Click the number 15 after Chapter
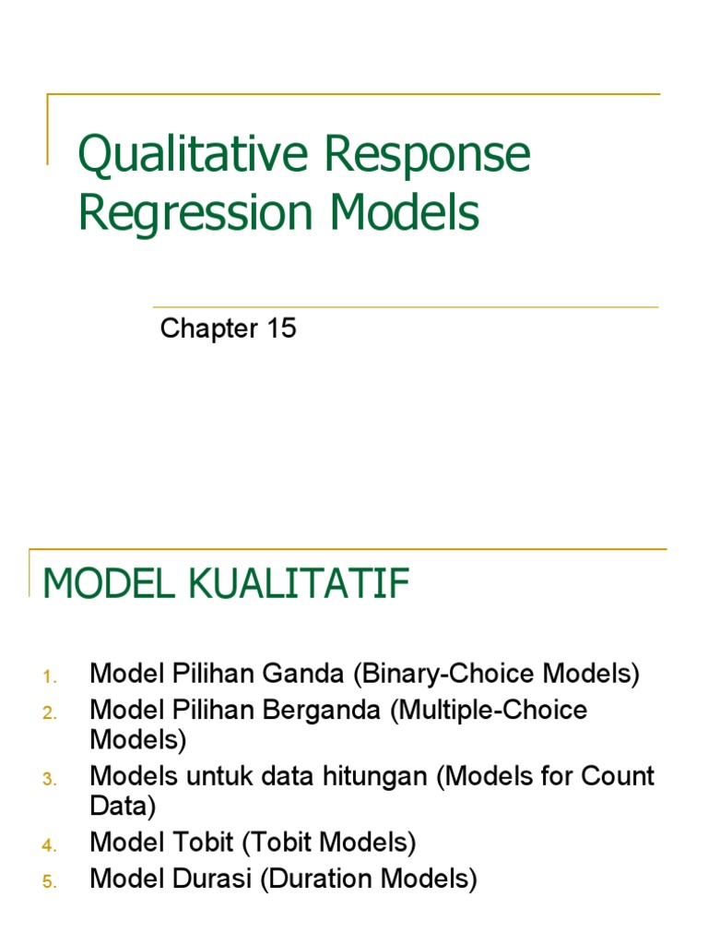281,328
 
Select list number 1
50,677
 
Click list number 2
50,712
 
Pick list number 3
50,780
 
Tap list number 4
50,844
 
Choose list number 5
50,882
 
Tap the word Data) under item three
123,806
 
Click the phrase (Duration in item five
320,879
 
